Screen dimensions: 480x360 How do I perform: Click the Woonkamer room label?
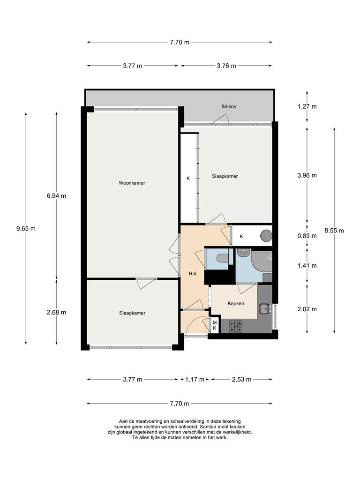tap(132, 183)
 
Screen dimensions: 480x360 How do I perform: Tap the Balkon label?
tap(229, 107)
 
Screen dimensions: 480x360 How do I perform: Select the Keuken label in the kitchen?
tap(236, 304)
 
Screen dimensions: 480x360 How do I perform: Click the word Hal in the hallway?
tap(192, 273)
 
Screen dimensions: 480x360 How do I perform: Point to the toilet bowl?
tap(221, 258)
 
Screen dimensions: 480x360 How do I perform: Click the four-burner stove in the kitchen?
tap(235, 326)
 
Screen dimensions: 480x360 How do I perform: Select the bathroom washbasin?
tap(243, 253)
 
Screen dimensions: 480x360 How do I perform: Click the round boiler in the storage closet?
tap(266, 234)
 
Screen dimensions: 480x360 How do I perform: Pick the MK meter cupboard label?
tap(214, 325)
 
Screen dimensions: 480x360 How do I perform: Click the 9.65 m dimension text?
tap(26, 229)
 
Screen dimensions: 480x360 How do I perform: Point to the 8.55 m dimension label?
tap(334, 230)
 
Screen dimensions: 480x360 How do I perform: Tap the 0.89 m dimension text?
tap(307, 236)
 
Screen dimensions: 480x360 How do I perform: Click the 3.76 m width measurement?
tap(226, 66)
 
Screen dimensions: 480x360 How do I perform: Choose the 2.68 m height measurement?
tap(56, 313)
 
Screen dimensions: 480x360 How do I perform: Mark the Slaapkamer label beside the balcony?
tap(225, 177)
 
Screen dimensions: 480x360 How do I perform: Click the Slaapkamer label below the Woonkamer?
tap(132, 313)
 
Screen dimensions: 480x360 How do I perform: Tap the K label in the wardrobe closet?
tap(188, 178)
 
